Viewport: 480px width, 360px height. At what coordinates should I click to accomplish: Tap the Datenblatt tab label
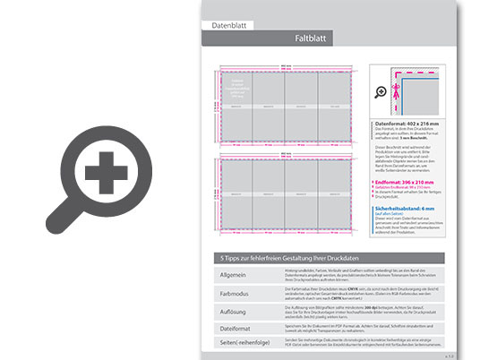click(x=228, y=26)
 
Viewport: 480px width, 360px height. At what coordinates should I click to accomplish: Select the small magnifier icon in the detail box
click(x=381, y=91)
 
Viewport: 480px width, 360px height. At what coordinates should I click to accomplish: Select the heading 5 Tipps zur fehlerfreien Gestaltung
click(x=279, y=258)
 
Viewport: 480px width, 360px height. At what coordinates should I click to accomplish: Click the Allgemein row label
click(x=227, y=274)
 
